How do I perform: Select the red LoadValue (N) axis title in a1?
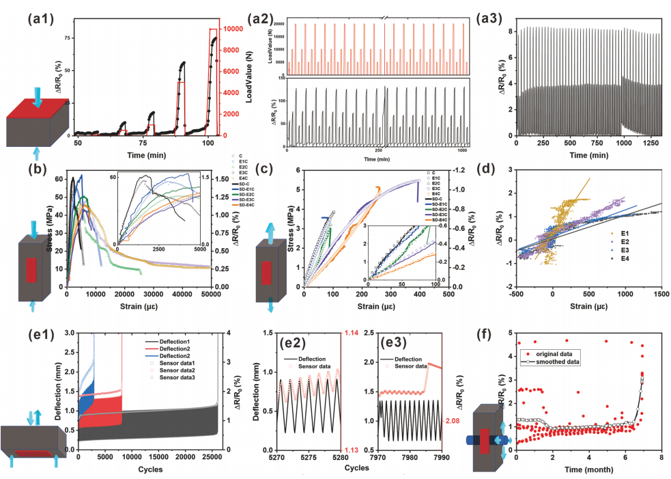[251, 82]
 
